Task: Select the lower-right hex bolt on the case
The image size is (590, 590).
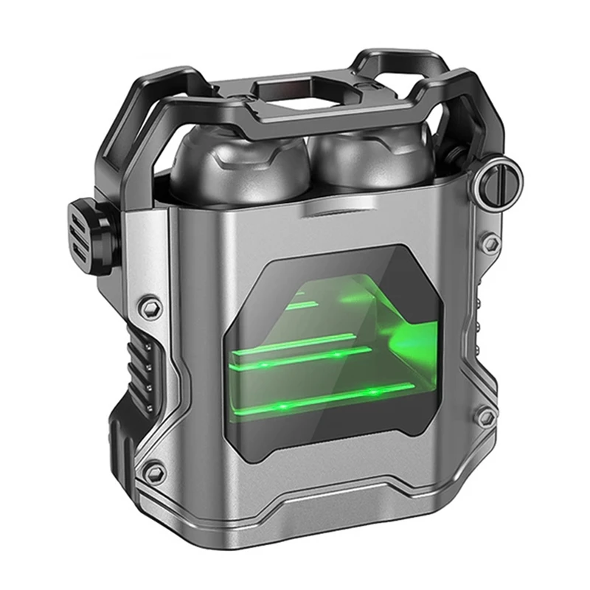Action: [485, 417]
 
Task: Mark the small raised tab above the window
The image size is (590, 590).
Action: [325, 212]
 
